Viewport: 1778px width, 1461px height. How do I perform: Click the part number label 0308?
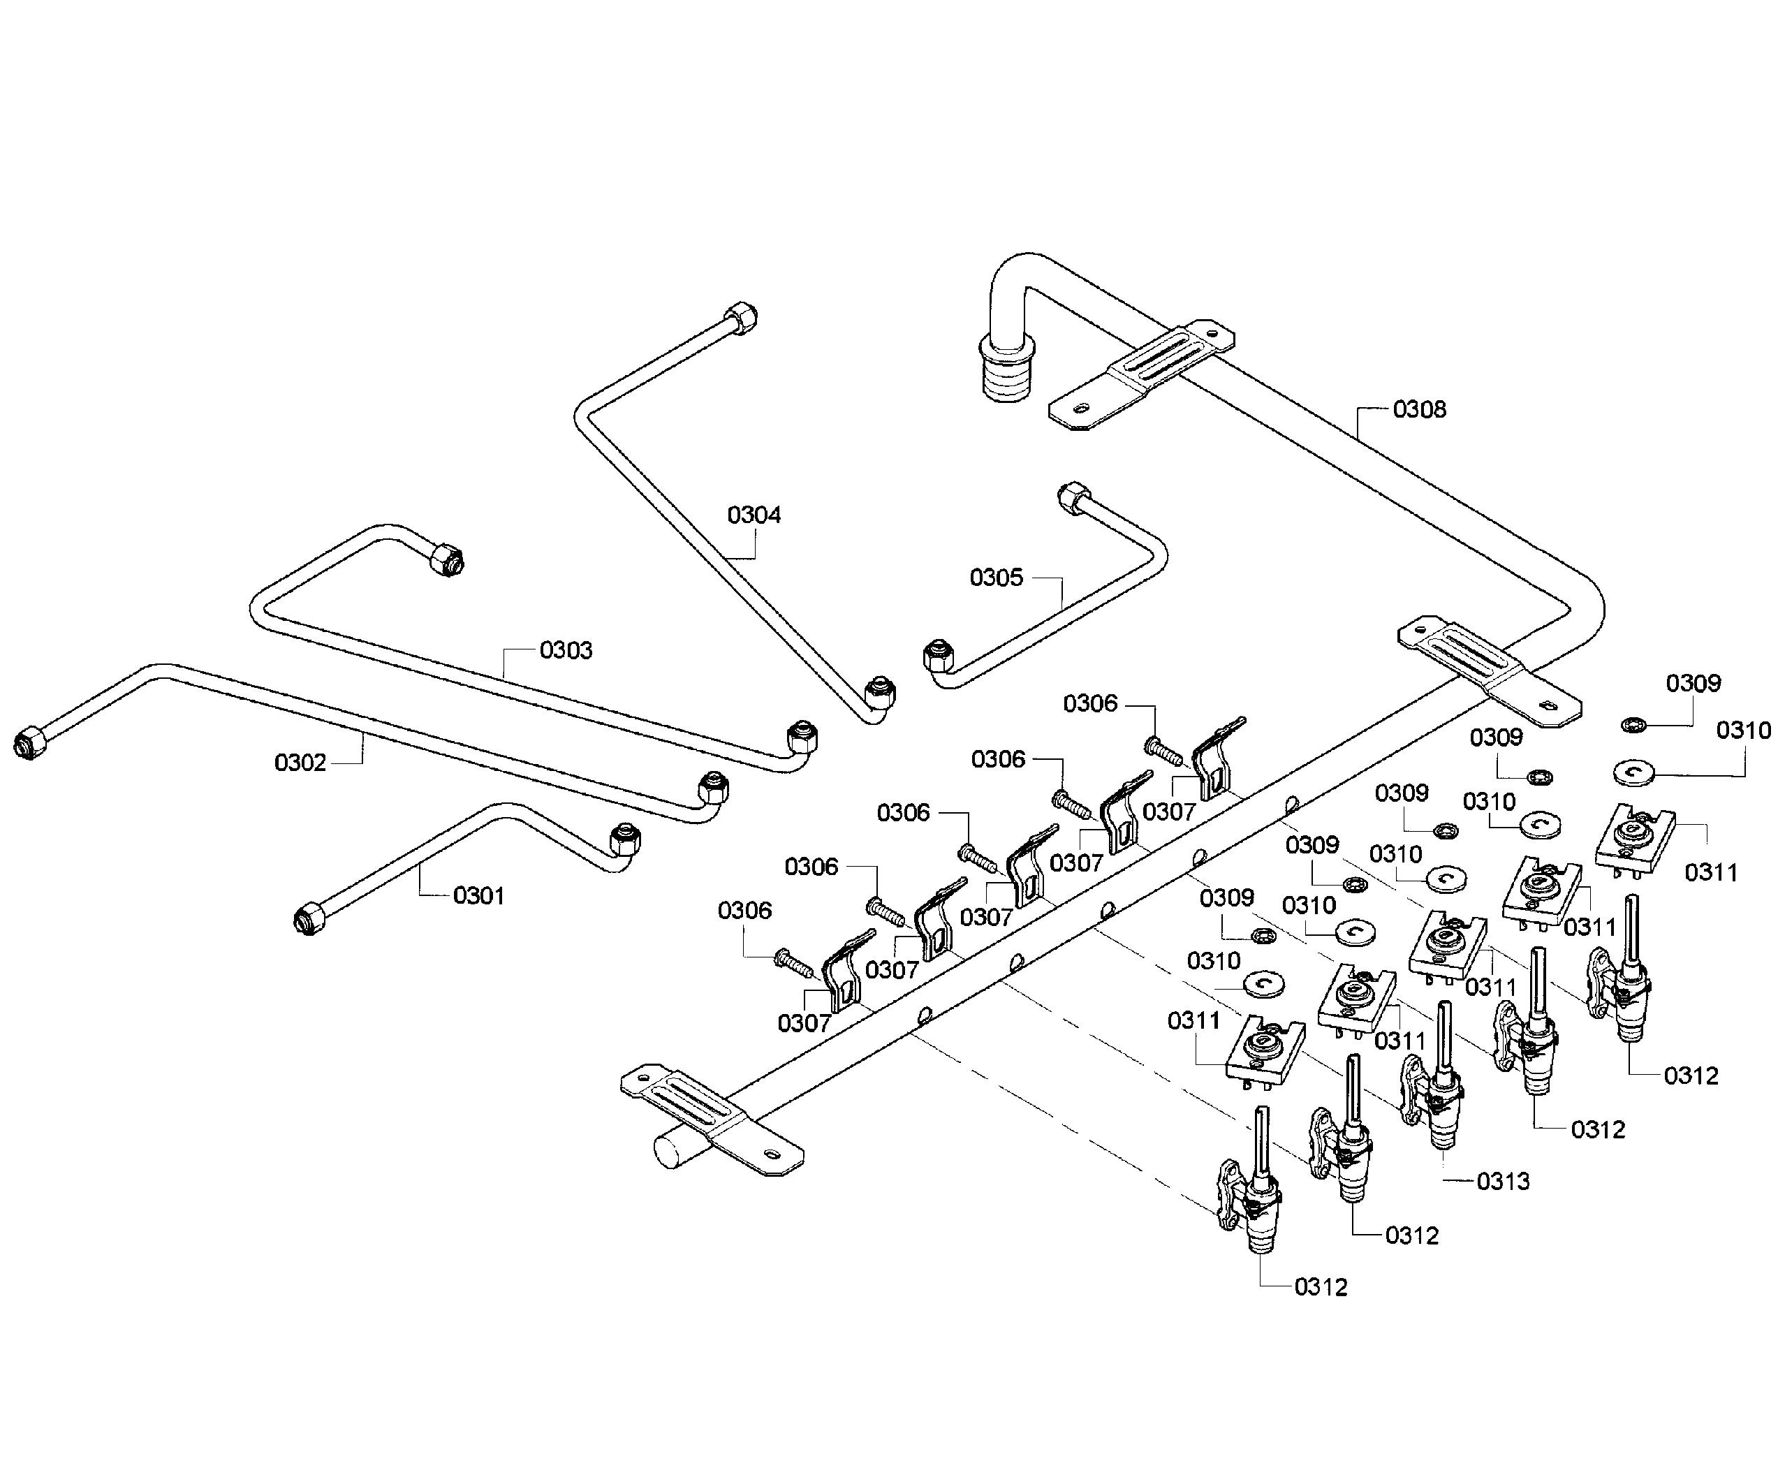click(x=1420, y=410)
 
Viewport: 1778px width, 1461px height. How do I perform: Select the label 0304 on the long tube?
click(x=754, y=515)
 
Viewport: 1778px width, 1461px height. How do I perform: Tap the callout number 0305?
click(x=997, y=578)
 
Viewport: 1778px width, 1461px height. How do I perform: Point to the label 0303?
click(x=566, y=651)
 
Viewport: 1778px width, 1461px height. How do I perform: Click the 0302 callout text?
click(x=300, y=763)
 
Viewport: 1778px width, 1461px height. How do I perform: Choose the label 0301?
click(x=479, y=896)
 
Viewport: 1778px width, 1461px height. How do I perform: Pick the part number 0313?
click(x=1504, y=1182)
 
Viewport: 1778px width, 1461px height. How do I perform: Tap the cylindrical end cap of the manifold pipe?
click(x=675, y=1150)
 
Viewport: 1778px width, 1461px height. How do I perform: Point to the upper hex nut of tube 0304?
click(x=740, y=318)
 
